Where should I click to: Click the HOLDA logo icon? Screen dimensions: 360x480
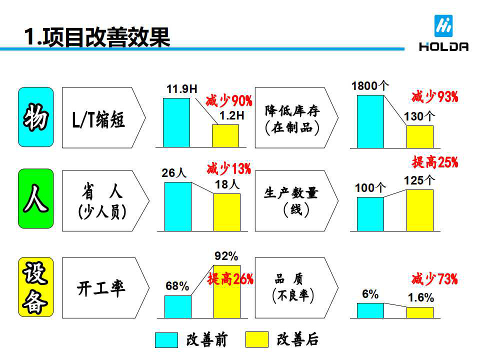point(443,26)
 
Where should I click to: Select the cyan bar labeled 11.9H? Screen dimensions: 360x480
point(176,122)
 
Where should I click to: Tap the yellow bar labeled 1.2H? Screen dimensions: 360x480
point(225,136)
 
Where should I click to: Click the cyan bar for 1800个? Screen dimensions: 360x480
point(370,121)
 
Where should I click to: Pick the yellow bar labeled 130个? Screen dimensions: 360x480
point(419,136)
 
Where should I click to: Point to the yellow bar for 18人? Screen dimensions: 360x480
point(227,212)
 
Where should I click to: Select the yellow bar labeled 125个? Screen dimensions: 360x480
point(419,210)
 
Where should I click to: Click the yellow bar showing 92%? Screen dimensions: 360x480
point(226,291)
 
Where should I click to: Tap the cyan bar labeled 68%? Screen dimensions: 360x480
point(177,306)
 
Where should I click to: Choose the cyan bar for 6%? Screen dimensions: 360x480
point(370,310)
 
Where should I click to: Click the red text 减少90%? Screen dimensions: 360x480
point(229,101)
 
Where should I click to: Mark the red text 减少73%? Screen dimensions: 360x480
point(434,279)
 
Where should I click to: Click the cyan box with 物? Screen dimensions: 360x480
point(35,117)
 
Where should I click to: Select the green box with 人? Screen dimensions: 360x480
point(35,198)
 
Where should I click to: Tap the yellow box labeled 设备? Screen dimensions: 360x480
point(35,287)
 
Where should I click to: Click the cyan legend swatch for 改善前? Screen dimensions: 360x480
point(166,340)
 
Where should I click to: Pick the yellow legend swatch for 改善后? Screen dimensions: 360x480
point(256,340)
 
